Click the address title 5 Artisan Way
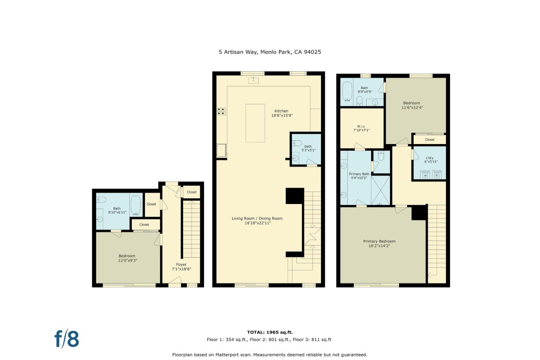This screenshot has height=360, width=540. (x=270, y=52)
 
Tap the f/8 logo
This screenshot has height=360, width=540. (x=67, y=339)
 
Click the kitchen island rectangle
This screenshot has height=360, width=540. (x=255, y=123)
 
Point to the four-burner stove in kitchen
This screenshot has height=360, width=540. (x=221, y=111)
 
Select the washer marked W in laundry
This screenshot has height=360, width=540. (x=425, y=175)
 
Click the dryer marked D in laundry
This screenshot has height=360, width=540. (x=437, y=175)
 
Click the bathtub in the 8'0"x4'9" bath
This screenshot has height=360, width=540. (x=347, y=92)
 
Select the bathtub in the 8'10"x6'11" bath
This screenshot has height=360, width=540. (x=135, y=204)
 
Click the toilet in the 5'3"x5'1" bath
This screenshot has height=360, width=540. (x=297, y=143)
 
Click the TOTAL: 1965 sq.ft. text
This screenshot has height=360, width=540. (x=270, y=332)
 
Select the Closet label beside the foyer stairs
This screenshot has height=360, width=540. (x=192, y=192)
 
